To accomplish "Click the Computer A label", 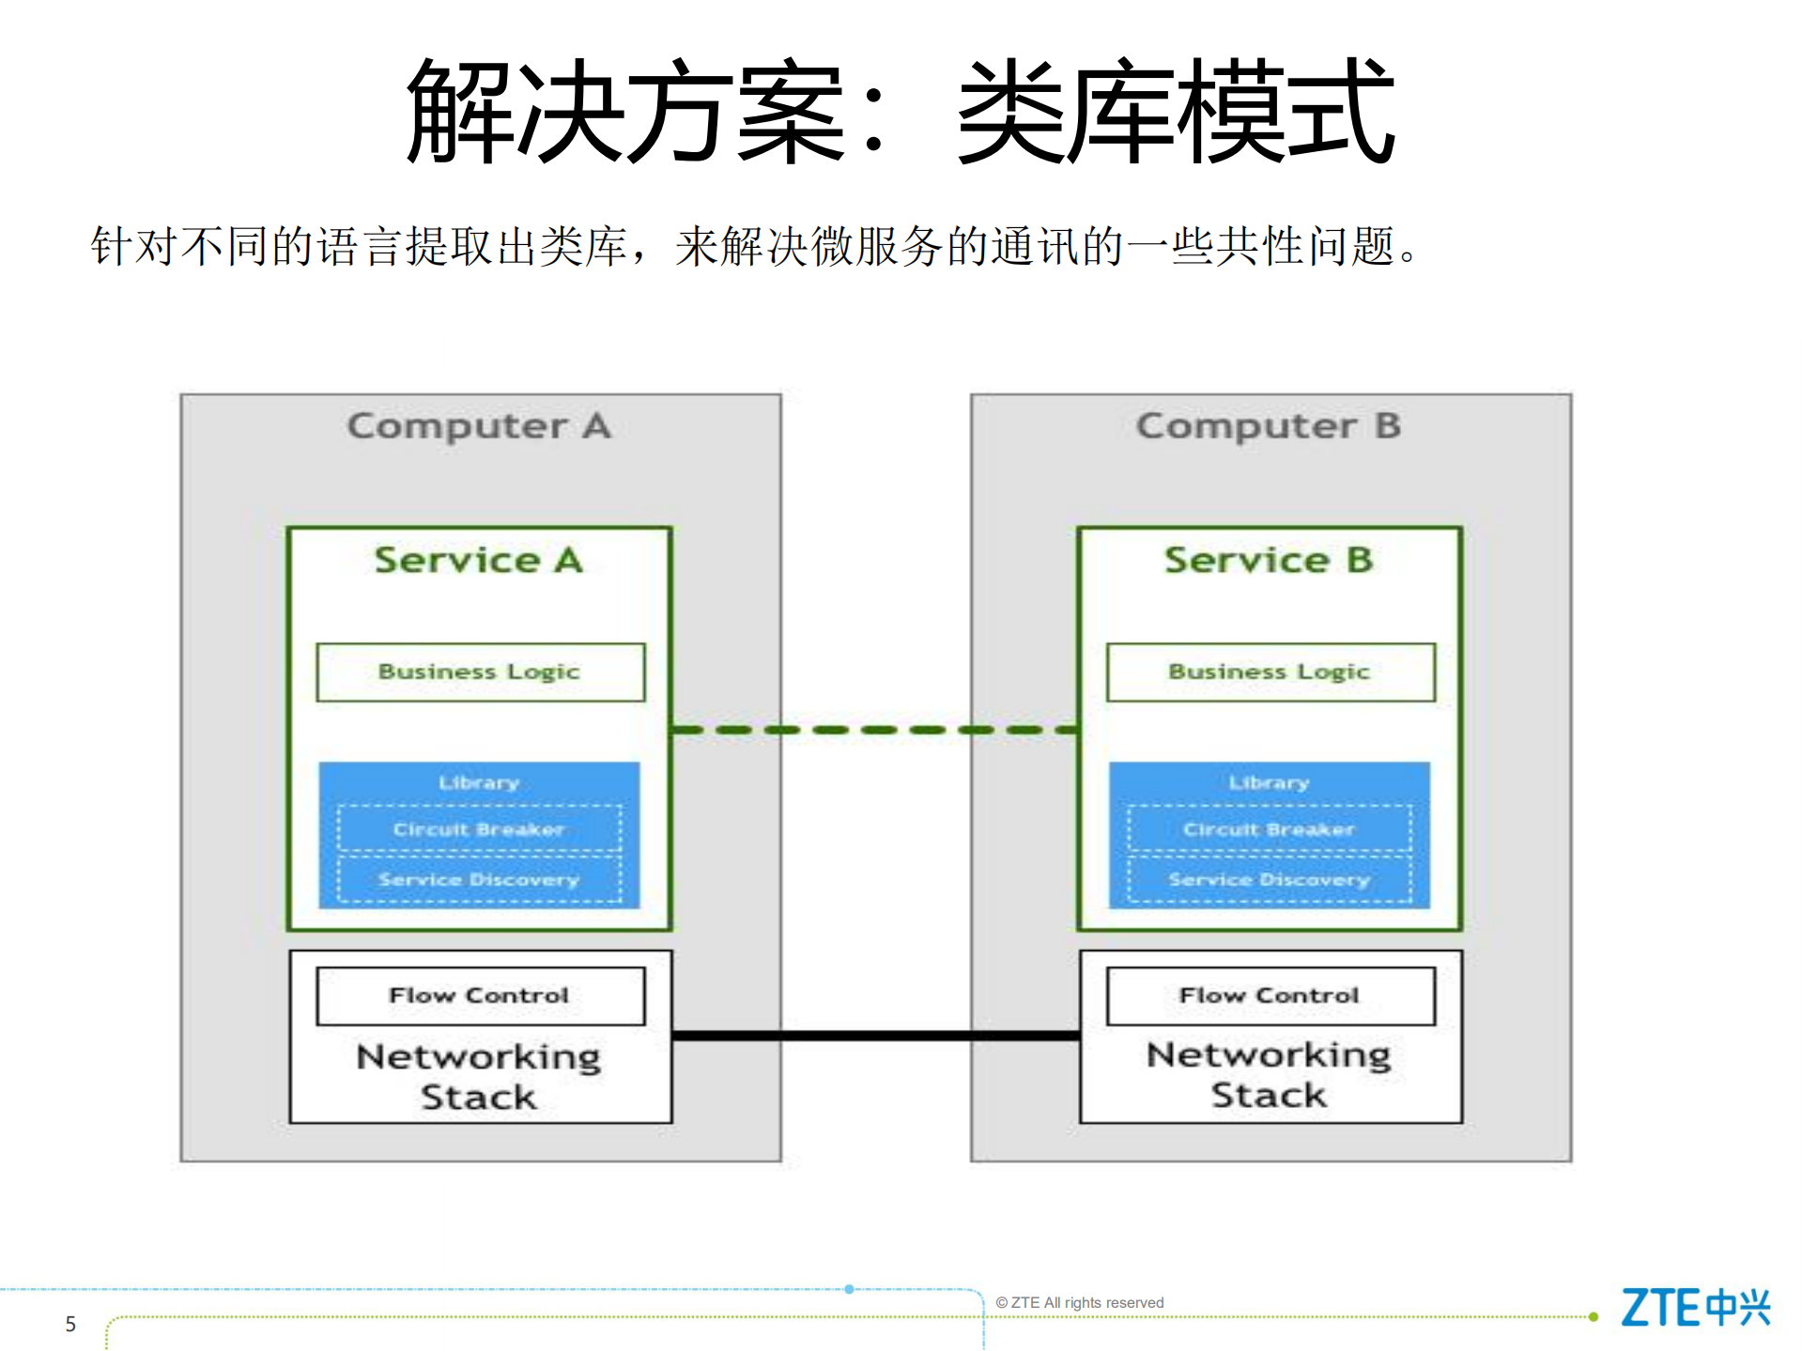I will [x=479, y=426].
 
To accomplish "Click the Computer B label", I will [x=1268, y=426].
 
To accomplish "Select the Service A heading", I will [x=479, y=560].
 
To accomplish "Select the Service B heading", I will [x=1268, y=560].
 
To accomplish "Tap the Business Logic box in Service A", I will [x=480, y=672].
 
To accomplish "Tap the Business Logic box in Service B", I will [x=1270, y=672].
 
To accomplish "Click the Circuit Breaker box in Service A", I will [x=479, y=829].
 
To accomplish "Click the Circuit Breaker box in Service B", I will [x=1269, y=829].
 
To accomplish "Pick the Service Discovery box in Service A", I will [x=479, y=880].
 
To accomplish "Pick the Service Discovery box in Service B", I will [x=1269, y=880].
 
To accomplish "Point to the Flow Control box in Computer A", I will [x=480, y=996].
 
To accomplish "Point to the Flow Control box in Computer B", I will [x=1270, y=996].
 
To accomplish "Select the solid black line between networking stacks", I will [x=875, y=1036].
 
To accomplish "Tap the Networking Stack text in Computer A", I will [x=479, y=1077].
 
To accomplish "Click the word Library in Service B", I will [x=1269, y=783].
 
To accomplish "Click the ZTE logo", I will [x=1694, y=1308].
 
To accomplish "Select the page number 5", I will [x=70, y=1324].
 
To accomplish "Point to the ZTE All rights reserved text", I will [x=1079, y=1303].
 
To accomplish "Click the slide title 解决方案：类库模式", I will [x=900, y=111].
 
